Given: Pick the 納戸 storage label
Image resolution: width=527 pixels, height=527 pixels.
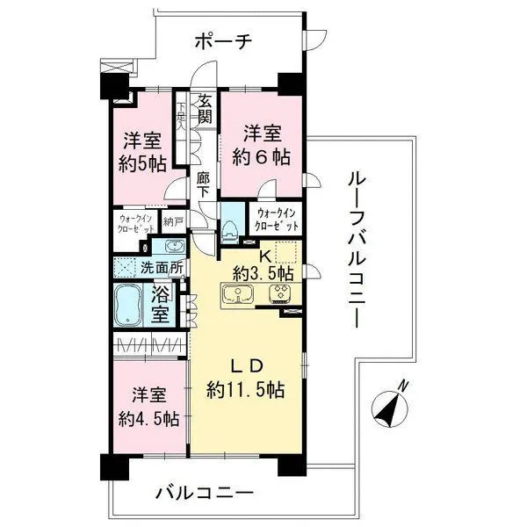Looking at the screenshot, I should coord(173,222).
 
